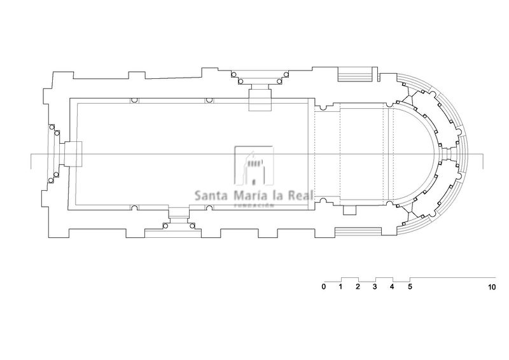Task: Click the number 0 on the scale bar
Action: click(324, 287)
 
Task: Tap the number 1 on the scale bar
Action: click(340, 287)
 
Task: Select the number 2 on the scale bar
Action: click(358, 287)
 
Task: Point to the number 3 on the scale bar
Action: click(375, 287)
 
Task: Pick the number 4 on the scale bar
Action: click(392, 287)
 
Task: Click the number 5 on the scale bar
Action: click(410, 287)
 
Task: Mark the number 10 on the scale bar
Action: click(492, 287)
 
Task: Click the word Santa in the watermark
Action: click(211, 196)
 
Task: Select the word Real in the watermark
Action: click(301, 195)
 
